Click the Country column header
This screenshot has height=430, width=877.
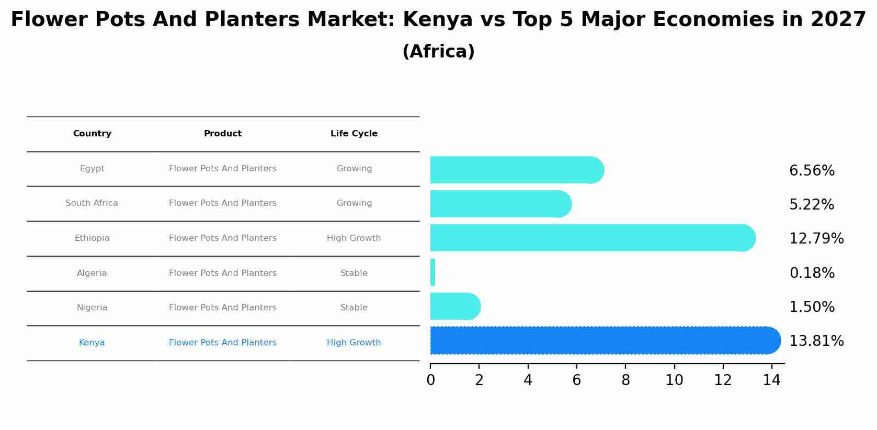pos(92,134)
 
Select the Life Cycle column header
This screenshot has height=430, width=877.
pos(354,134)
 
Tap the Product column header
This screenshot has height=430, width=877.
pos(223,134)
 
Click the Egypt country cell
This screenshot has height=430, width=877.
pos(92,169)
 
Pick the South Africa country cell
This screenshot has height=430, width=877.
pos(92,203)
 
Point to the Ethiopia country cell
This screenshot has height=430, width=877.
pos(92,238)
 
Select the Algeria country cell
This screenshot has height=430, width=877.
pos(92,273)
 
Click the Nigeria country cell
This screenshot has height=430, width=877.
pos(92,308)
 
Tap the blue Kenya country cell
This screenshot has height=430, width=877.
pos(92,343)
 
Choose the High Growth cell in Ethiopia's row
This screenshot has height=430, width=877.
pos(354,238)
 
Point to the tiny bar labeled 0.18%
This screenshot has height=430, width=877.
pos(432,272)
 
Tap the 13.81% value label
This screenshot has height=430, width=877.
pos(816,341)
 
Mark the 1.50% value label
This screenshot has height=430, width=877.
pos(812,307)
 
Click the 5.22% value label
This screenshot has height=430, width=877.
pos(811,205)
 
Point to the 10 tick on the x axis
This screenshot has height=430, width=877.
pos(674,380)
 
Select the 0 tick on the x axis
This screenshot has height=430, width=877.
pos(430,380)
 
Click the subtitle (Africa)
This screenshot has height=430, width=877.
pos(438,52)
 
